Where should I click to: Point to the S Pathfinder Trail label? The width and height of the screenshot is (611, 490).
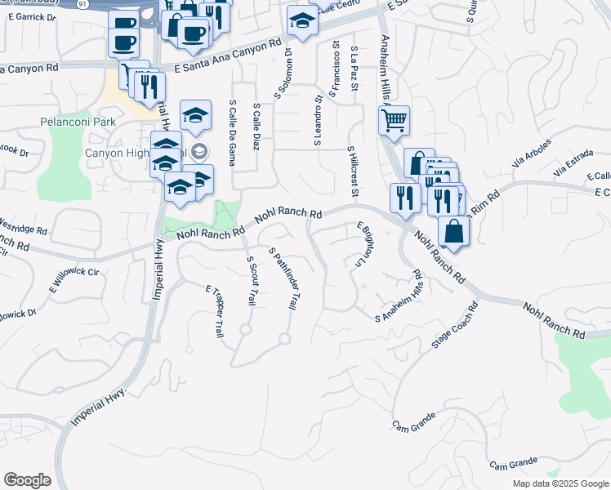click(x=282, y=279)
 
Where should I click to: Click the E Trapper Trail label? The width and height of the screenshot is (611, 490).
click(x=215, y=311)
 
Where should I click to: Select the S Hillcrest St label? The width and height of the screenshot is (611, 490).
click(x=353, y=172)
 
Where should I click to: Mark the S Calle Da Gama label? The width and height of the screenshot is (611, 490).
click(x=233, y=132)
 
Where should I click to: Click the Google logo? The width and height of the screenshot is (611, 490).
click(x=27, y=480)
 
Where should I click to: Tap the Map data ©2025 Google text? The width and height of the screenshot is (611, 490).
click(x=560, y=483)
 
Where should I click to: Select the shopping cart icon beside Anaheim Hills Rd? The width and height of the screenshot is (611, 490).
click(x=394, y=122)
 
